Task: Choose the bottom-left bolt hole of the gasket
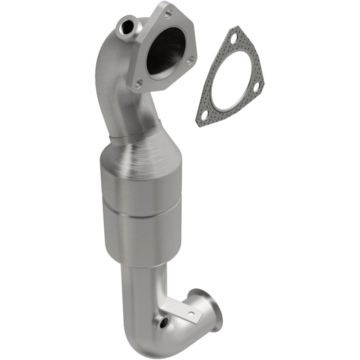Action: tap(205, 113)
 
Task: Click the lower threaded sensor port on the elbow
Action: tap(161, 322)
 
